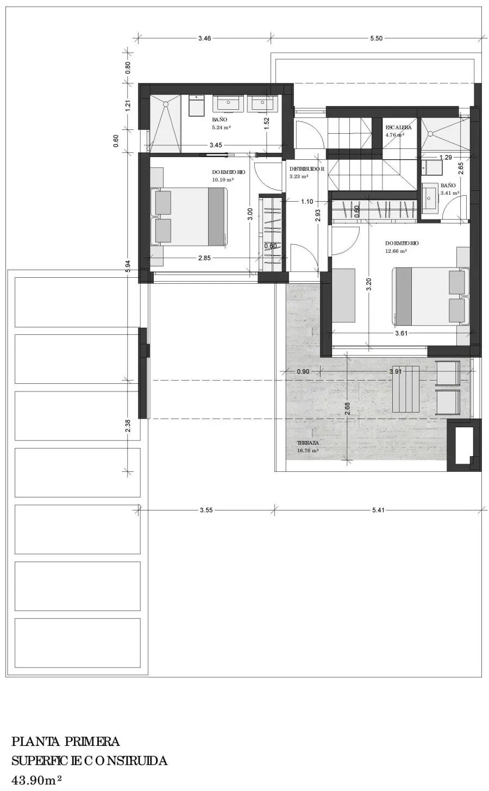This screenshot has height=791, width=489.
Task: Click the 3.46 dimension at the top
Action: (205, 38)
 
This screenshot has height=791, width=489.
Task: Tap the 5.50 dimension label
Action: (377, 38)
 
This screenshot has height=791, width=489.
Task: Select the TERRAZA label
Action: (308, 443)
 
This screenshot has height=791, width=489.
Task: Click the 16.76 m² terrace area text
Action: (308, 451)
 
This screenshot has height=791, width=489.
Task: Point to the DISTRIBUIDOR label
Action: (306, 169)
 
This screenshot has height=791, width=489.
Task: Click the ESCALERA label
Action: (398, 127)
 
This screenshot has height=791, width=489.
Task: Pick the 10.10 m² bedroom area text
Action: (223, 180)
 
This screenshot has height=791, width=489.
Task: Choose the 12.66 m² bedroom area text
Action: (396, 251)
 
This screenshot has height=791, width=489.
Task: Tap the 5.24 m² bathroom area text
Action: (221, 127)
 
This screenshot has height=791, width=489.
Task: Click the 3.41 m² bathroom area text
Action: (449, 193)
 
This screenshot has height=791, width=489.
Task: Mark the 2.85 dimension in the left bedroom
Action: (204, 258)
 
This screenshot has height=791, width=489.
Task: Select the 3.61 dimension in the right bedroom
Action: (402, 333)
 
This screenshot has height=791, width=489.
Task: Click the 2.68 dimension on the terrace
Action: (348, 409)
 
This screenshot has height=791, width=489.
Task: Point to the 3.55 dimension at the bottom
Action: (206, 510)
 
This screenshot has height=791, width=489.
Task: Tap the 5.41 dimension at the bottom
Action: (378, 510)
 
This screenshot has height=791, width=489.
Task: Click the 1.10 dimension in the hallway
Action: (307, 202)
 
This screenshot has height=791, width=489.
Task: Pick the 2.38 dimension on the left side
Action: (128, 426)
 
